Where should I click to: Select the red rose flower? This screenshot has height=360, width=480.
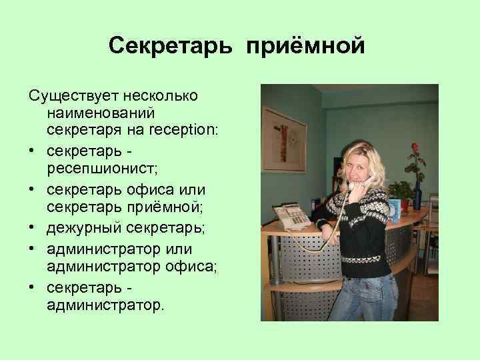point(414,148)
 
